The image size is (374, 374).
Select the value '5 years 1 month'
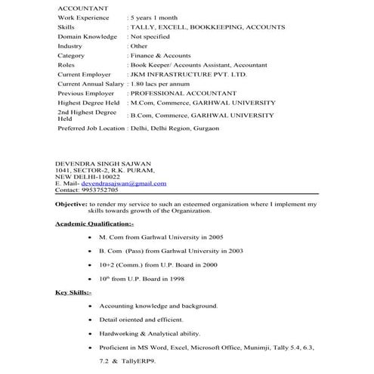(x=161, y=17)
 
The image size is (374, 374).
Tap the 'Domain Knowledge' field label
(x=87, y=36)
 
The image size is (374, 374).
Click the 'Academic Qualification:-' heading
(x=94, y=224)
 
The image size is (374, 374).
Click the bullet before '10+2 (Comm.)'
(x=91, y=265)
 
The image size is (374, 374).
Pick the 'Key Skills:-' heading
(x=73, y=292)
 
